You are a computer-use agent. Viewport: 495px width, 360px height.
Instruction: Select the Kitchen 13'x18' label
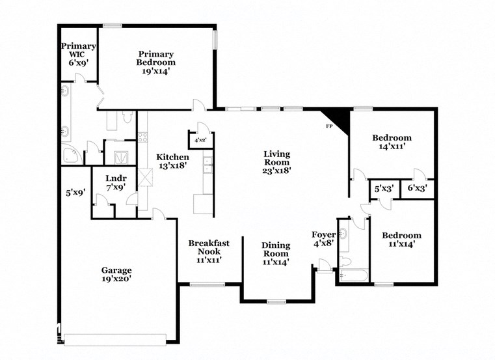[x=172, y=161]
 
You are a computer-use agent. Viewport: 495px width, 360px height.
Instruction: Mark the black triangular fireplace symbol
[x=341, y=120]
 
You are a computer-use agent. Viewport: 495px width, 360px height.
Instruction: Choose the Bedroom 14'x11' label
[x=392, y=142]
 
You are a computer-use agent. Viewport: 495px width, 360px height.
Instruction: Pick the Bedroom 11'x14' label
[x=401, y=240]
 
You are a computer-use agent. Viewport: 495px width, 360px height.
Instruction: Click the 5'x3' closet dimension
[x=382, y=189]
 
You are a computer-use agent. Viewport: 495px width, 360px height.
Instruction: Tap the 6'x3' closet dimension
[x=416, y=189]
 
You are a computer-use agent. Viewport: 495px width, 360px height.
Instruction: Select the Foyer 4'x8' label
[x=323, y=239]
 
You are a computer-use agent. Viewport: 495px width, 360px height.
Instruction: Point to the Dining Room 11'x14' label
[x=276, y=253]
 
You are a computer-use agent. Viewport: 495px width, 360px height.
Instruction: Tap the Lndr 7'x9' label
[x=116, y=182]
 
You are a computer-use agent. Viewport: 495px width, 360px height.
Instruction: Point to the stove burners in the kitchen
[x=142, y=137]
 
